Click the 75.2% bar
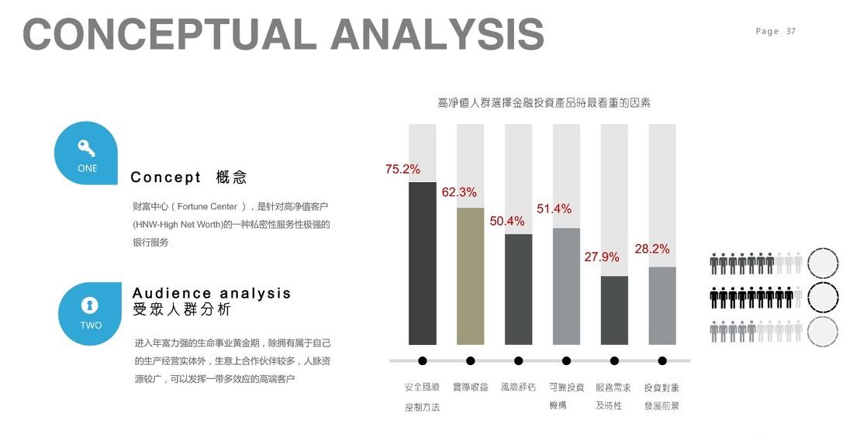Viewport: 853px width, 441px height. (423, 263)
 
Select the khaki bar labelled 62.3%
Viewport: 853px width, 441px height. (471, 276)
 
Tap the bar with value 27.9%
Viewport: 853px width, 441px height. (614, 310)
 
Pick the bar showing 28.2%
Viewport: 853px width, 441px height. (662, 305)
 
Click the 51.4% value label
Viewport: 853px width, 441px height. (554, 208)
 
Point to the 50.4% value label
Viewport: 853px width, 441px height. (506, 221)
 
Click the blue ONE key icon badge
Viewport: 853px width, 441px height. (87, 153)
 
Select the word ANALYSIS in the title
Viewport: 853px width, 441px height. (437, 34)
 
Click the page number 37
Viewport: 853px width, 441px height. (791, 31)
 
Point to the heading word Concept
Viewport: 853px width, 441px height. (166, 177)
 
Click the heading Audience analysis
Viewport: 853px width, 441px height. (212, 293)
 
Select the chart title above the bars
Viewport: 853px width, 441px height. (544, 102)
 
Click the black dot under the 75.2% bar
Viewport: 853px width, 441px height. (423, 360)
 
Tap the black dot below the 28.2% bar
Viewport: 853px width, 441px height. (662, 360)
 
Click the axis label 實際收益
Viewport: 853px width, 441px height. (471, 387)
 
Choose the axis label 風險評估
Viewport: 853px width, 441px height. (518, 387)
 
